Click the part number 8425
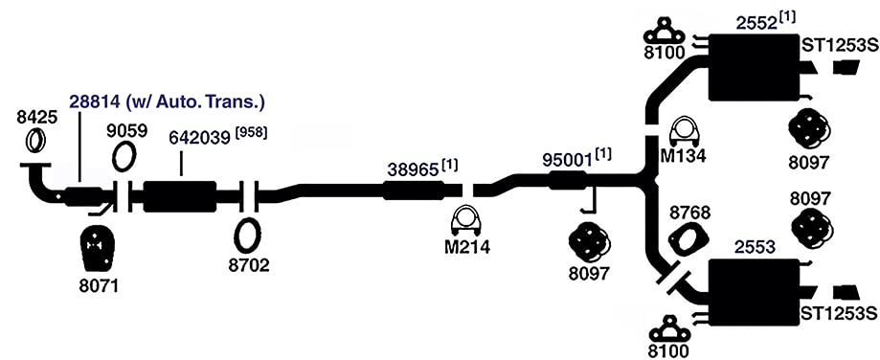tap(36, 119)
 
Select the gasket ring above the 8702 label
tap(247, 236)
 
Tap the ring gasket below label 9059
tap(124, 156)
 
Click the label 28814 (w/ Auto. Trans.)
tap(167, 102)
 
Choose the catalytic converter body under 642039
tap(180, 196)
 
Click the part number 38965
tap(413, 170)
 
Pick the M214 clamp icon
tap(466, 221)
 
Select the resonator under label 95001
tap(568, 181)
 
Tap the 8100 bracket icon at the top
tap(665, 31)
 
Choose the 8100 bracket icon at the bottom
tap(668, 329)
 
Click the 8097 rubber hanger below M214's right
tap(589, 243)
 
